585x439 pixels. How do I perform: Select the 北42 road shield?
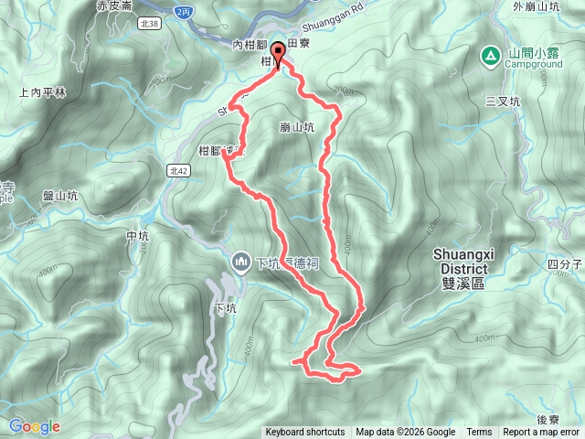pos(178,170)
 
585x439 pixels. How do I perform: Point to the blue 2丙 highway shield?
pos(186,10)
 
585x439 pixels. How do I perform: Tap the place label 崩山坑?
pos(295,128)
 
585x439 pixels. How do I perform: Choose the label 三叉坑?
pos(503,101)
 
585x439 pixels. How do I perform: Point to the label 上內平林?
pos(42,91)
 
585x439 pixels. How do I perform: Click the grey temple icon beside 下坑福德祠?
pos(241,262)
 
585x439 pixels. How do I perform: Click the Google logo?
pos(35,426)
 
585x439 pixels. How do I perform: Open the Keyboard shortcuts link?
pos(305,433)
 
